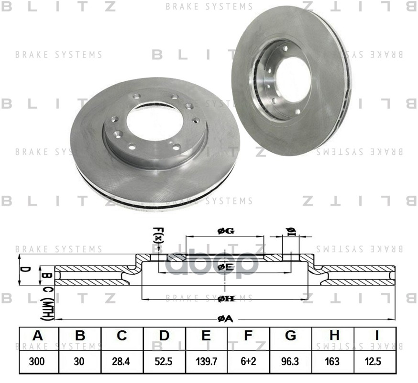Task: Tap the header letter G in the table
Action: click(x=290, y=336)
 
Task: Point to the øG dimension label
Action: click(x=225, y=231)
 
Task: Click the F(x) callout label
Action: click(x=159, y=235)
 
